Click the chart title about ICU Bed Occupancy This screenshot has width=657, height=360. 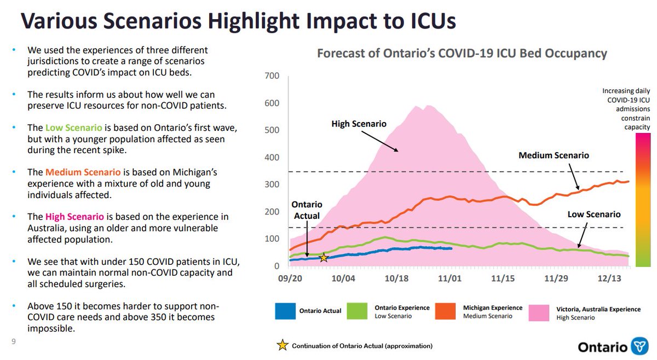[462, 54]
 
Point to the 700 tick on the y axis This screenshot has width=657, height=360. [272, 76]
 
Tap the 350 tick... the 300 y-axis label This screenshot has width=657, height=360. [272, 185]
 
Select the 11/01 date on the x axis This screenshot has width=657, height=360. [448, 278]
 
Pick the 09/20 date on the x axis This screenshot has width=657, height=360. [290, 278]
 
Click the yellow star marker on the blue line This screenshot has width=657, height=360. [324, 257]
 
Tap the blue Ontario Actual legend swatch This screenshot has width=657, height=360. [285, 311]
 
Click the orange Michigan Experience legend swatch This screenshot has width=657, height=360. [447, 311]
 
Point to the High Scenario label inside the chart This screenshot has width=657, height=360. [359, 124]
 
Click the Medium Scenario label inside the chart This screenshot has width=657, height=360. [554, 155]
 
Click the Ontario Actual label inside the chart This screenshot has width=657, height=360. [306, 210]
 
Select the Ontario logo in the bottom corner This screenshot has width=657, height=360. [613, 347]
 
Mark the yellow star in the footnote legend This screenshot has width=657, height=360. [283, 345]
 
